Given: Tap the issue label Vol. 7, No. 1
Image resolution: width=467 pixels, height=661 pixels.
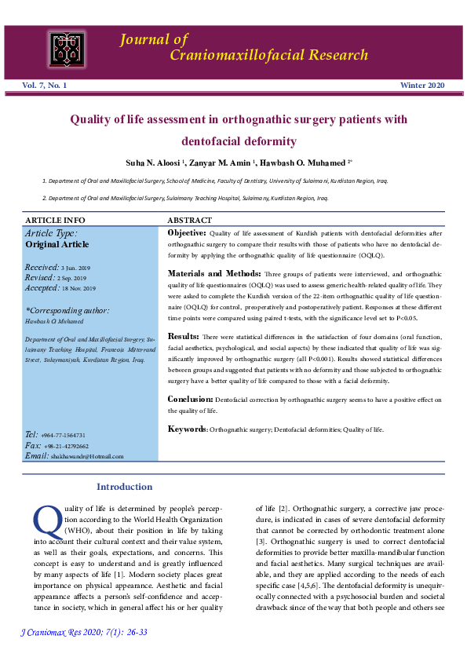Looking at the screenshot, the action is (x=44, y=85).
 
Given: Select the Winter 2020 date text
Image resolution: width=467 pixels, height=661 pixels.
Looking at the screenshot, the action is (x=422, y=85).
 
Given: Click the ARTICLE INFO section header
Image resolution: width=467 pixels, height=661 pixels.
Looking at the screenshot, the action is (x=55, y=221).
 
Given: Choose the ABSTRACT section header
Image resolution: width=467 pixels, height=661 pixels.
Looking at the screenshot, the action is (x=190, y=221).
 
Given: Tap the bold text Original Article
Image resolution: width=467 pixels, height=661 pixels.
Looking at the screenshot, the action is (x=57, y=244).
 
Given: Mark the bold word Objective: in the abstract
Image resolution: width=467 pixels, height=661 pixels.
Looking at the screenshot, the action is (x=187, y=233).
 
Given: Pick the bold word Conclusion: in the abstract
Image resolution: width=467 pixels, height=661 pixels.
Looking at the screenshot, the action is (x=190, y=399).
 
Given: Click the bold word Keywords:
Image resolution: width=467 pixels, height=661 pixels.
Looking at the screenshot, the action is (x=188, y=429).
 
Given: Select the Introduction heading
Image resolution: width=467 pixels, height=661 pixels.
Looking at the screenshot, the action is (x=124, y=487).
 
